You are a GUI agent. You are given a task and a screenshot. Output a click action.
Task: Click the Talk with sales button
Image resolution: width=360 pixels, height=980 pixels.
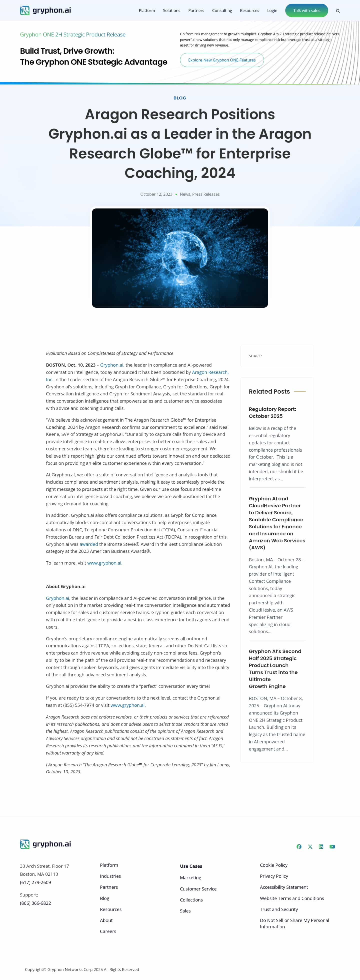pos(306,11)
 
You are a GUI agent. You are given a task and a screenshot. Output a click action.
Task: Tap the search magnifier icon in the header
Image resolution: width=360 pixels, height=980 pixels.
pos(337,11)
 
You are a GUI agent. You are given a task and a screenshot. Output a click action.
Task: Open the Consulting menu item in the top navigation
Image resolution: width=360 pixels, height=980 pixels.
pos(222,11)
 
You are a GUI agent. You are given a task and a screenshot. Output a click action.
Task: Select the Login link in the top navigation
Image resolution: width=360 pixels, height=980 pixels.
pos(272,11)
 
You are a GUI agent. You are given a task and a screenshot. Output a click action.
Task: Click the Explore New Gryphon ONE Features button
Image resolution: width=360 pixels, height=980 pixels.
pos(221,60)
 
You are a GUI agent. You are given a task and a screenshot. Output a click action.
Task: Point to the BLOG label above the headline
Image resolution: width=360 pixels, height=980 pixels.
pos(179,98)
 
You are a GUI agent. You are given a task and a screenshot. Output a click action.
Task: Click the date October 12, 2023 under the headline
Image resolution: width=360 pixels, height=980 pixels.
pos(156,194)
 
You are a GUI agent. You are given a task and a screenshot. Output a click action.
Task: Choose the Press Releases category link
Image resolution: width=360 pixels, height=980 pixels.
pos(206,194)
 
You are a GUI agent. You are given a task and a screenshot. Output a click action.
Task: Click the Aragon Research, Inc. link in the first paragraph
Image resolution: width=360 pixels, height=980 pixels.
pos(210,372)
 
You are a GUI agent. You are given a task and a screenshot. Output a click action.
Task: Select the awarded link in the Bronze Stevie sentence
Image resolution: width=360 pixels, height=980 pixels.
pos(89,544)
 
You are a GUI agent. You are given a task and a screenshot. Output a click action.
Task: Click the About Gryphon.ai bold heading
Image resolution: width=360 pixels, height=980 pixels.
pos(65,586)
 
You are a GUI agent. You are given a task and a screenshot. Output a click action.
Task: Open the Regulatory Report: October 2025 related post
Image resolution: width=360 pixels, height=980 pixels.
pos(272,412)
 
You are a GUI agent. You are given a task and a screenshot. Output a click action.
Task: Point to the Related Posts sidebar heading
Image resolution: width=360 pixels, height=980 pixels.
pos(269,391)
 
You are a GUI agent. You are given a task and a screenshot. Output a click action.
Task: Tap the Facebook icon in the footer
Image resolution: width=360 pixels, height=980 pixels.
pos(299,847)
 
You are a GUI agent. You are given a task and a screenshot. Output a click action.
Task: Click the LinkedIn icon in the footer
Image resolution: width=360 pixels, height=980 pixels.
pos(321,847)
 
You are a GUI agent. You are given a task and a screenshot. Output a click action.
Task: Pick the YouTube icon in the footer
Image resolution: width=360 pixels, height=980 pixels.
pos(332,847)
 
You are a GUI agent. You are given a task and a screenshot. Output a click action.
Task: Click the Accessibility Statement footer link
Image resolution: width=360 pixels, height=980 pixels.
pos(283,887)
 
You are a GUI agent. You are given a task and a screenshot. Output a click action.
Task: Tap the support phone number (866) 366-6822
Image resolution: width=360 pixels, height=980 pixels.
pos(35,903)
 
